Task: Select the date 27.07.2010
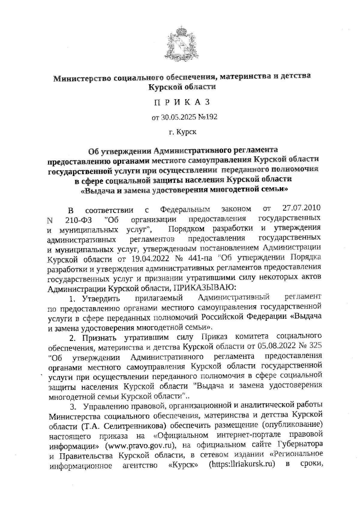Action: [301, 207]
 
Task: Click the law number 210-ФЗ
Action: [78, 220]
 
